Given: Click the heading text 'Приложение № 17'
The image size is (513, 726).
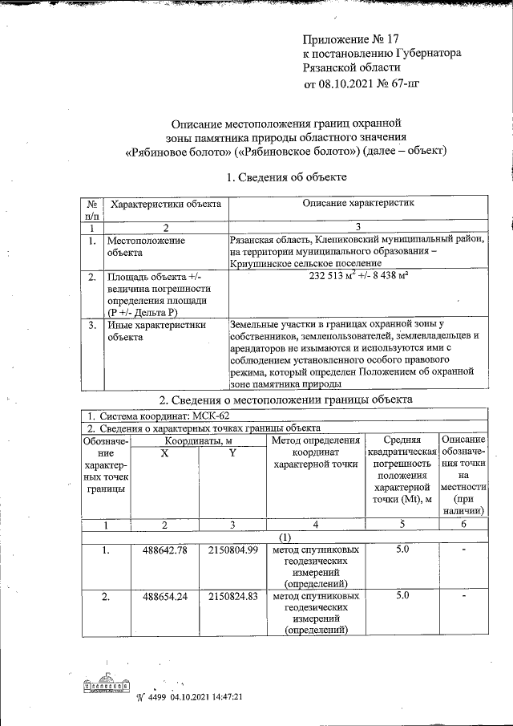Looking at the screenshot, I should pos(350,39).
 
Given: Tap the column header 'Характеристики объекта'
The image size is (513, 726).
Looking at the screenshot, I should pos(165,205).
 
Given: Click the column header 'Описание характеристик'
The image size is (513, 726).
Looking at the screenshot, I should pos(357,205).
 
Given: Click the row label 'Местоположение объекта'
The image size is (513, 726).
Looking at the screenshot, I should pos(146,245).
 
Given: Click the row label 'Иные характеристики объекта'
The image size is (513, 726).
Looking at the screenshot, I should pos(156,331).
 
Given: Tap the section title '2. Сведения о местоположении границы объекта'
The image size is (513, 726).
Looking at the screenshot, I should pos(286,399).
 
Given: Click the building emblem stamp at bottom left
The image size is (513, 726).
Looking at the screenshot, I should pos(106,687).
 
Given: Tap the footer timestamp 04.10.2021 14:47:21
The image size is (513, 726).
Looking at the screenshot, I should pos(205,697).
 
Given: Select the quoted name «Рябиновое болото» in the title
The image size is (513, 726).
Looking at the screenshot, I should pos(176,150).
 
